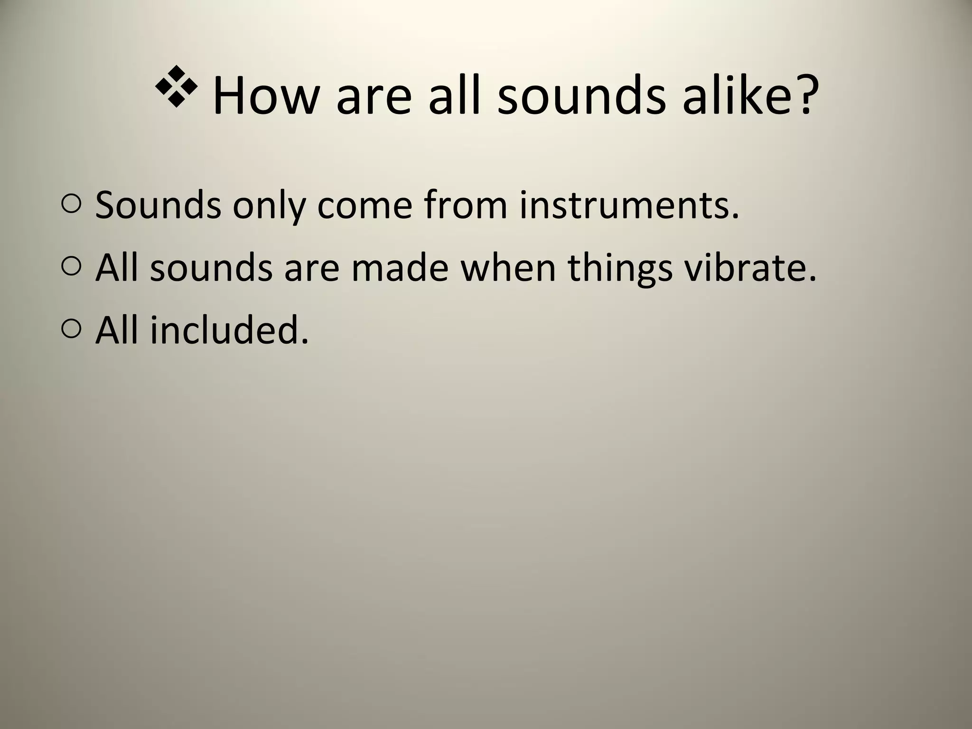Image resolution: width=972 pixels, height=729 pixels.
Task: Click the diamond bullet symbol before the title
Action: click(x=176, y=86)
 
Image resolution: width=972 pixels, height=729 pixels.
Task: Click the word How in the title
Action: click(x=265, y=95)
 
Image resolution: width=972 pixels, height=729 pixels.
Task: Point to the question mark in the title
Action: click(x=806, y=95)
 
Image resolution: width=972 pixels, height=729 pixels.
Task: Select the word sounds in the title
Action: click(x=581, y=95)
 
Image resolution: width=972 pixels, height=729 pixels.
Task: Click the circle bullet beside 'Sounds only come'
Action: click(x=71, y=205)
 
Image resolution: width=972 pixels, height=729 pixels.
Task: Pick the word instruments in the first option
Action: click(x=629, y=205)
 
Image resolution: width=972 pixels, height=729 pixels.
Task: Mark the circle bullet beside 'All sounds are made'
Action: click(x=71, y=267)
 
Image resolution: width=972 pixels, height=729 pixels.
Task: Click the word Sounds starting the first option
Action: click(x=158, y=205)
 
